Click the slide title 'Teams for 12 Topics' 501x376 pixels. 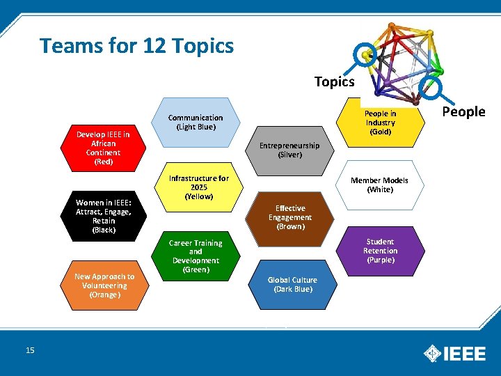(x=137, y=46)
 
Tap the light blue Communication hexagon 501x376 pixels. (x=196, y=123)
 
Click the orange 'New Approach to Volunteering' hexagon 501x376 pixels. (x=104, y=285)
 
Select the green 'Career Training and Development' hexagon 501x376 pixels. (x=196, y=256)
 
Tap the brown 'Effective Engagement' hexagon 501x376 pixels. (x=289, y=217)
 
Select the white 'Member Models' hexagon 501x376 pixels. (x=380, y=185)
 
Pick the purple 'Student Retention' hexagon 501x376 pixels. (x=380, y=251)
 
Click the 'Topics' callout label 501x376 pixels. (x=334, y=81)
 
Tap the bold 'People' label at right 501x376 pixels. (x=463, y=111)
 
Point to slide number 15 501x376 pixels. (x=30, y=350)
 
